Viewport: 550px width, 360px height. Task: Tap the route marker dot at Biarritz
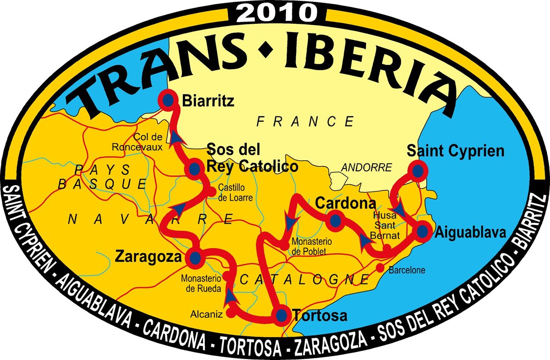(x=168, y=99)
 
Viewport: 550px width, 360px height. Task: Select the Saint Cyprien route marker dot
(x=418, y=170)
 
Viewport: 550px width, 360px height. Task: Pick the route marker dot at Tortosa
(x=281, y=315)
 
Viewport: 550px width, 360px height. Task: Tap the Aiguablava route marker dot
(x=422, y=232)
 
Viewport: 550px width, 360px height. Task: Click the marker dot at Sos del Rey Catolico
(x=194, y=169)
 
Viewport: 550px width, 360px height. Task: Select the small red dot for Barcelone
(x=379, y=267)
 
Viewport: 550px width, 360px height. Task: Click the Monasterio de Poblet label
(x=310, y=246)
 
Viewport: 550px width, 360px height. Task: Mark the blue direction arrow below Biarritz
(x=176, y=136)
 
